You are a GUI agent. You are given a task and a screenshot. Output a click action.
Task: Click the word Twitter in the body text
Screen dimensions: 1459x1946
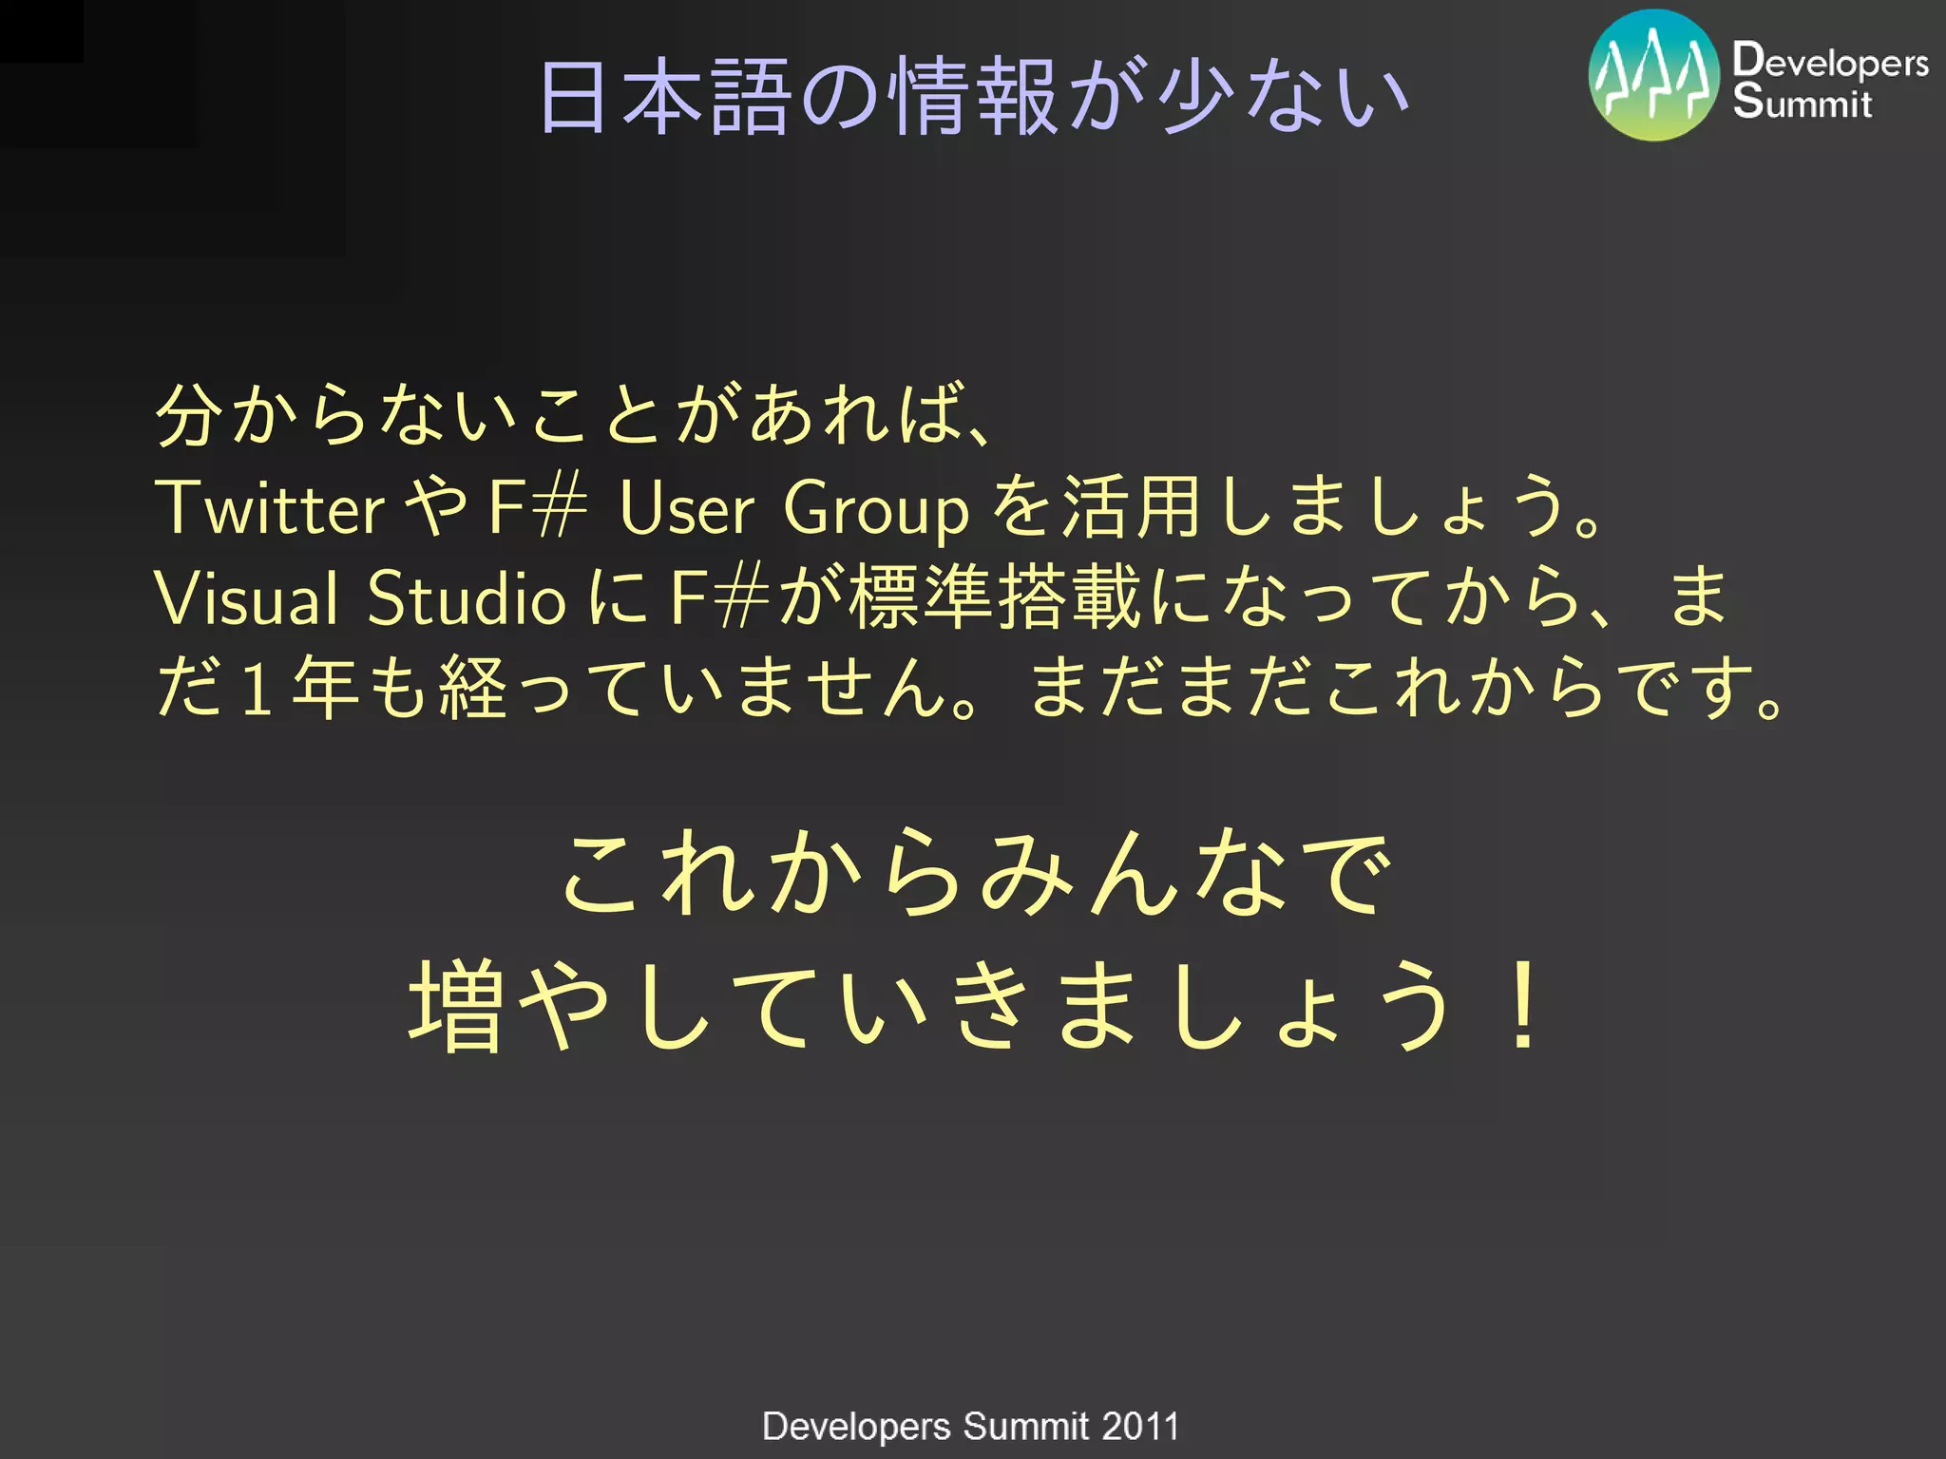270,507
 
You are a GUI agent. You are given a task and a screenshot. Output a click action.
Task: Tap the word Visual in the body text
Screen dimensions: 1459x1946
246,598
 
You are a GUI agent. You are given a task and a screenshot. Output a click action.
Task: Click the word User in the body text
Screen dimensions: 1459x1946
686,507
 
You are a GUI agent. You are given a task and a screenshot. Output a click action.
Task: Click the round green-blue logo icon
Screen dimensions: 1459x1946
1653,76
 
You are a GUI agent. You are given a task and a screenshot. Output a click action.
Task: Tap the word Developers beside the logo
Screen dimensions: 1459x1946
1830,61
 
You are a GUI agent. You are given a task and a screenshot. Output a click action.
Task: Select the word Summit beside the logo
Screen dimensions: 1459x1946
1802,103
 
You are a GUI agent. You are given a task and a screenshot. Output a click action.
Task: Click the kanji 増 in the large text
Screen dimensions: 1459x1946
455,1005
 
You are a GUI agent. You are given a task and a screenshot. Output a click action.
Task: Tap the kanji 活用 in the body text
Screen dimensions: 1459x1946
1131,507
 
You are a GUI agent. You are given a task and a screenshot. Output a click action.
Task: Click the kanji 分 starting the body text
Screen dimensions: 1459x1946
188,416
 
